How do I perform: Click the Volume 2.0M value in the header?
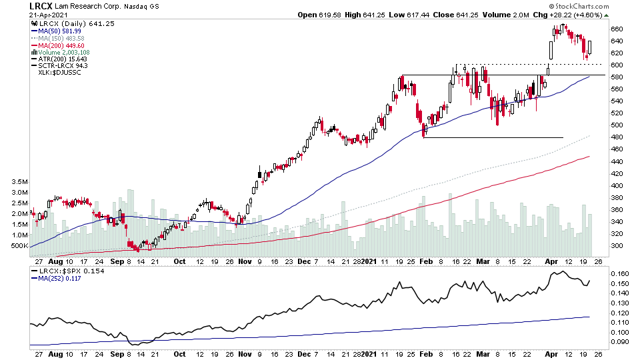507,15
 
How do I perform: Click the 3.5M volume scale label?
15,181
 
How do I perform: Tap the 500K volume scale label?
17,246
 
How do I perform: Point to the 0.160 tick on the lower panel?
619,273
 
